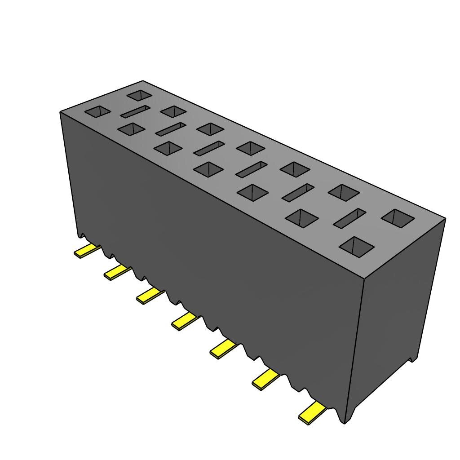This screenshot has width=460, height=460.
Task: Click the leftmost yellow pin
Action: [86, 251]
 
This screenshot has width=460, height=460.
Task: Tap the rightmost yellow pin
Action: [312, 413]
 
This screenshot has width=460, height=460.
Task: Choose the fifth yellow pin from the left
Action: [223, 349]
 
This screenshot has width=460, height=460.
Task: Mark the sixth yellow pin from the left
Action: [265, 380]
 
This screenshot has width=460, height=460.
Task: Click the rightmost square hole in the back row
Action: [398, 218]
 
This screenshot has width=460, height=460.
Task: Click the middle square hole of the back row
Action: [251, 148]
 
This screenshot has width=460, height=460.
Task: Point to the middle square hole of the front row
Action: [208, 169]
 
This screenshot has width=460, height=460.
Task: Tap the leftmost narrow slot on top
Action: [134, 111]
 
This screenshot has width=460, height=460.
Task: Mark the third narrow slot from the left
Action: [209, 148]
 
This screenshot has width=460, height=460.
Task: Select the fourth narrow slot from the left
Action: [252, 169]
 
